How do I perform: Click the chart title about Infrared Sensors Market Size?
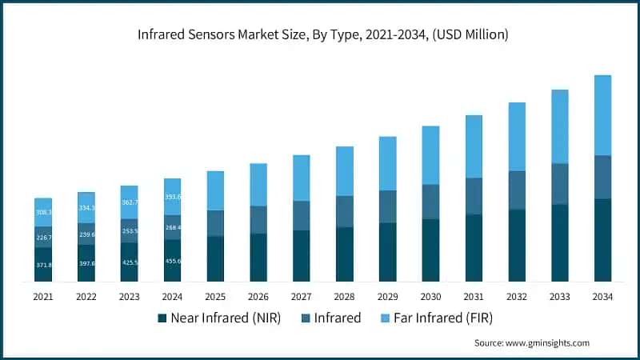320,34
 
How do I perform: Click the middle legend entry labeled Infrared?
330,318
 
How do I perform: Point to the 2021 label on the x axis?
43,297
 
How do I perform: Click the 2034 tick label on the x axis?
602,297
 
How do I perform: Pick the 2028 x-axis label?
345,297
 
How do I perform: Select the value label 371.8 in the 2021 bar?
43,265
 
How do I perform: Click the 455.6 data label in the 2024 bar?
172,261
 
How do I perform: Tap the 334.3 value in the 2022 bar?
86,208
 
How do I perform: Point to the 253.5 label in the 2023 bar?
129,230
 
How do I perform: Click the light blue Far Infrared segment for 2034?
602,115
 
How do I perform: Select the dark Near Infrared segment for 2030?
430,250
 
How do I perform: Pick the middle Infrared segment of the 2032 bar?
517,190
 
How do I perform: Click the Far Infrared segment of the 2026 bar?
258,185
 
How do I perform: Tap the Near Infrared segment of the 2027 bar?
302,256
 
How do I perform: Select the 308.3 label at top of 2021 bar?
43,212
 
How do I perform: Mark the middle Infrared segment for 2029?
387,206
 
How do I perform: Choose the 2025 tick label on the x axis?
215,297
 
